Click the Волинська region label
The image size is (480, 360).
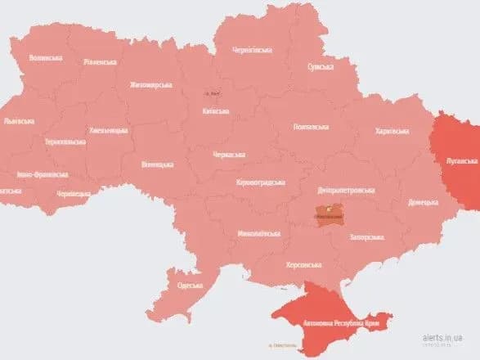coord(45,58)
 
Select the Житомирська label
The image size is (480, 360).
coord(150,84)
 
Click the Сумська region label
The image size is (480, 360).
coord(320,68)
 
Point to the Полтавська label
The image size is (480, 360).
coord(311,127)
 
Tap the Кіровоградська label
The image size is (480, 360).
coord(258,182)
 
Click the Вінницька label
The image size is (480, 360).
coord(157,164)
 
